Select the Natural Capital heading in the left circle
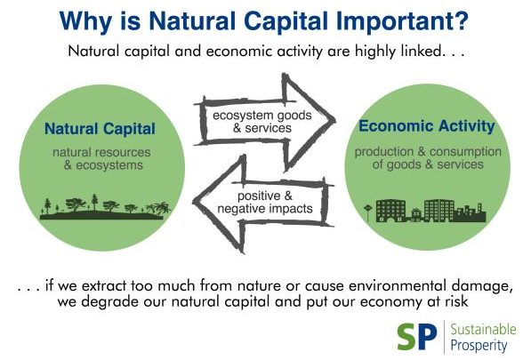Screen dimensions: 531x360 click(x=100, y=129)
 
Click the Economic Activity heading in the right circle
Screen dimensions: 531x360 click(x=427, y=126)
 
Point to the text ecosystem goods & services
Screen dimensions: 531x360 click(x=262, y=122)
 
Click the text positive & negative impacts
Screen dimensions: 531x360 click(x=265, y=202)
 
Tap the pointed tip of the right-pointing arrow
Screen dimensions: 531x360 click(x=334, y=119)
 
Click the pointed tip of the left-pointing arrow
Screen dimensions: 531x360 click(x=195, y=202)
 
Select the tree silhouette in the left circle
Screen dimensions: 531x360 click(x=105, y=207)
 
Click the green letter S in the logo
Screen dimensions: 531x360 click(x=406, y=337)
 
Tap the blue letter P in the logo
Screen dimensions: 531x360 click(x=426, y=337)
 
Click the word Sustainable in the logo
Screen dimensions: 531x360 click(x=483, y=329)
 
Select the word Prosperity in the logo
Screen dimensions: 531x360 click(x=479, y=346)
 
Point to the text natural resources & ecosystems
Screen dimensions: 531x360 click(x=102, y=159)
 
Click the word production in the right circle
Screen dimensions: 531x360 click(x=384, y=152)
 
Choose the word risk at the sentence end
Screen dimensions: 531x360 click(x=456, y=300)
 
